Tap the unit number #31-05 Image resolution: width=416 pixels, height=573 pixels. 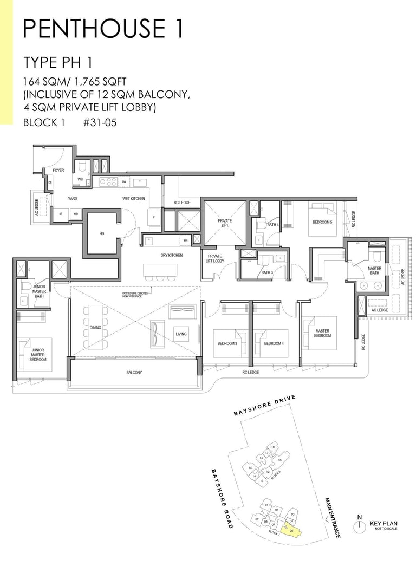(100, 122)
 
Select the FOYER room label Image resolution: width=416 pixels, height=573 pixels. (58, 171)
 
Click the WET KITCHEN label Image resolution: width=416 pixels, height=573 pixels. (134, 199)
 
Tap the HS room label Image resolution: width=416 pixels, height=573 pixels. (101, 233)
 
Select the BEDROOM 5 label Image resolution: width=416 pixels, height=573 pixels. (323, 222)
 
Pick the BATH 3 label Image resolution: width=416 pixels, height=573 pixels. (266, 272)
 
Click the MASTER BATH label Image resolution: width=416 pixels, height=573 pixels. (374, 271)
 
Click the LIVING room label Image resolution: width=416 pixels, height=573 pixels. (181, 334)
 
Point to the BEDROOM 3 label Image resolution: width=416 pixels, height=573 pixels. (228, 344)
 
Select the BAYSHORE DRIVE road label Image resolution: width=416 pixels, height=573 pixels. (265, 406)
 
